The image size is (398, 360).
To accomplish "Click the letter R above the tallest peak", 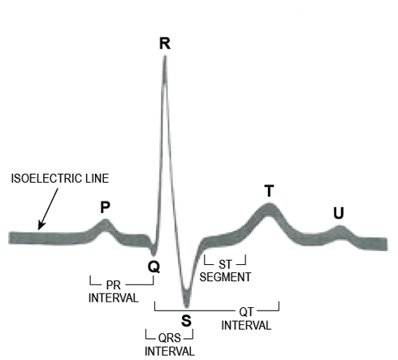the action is click(x=165, y=43).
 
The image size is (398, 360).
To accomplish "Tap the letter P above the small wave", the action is click(x=105, y=207).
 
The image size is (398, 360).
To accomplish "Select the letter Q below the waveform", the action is click(x=154, y=267).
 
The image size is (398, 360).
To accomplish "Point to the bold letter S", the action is click(x=186, y=321).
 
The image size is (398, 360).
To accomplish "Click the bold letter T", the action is click(x=269, y=191).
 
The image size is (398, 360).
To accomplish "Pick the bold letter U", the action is click(x=339, y=213).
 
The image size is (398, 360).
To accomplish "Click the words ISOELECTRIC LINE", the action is click(x=60, y=179).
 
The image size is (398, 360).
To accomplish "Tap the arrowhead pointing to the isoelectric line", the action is click(x=41, y=226).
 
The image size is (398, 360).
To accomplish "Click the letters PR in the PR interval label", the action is click(x=113, y=285).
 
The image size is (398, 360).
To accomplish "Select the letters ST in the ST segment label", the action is click(x=225, y=264).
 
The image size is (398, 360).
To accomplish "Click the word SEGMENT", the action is click(x=225, y=277).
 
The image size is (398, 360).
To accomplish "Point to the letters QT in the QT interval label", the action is click(x=246, y=312).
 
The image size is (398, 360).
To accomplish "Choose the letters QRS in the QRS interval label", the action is click(x=170, y=338).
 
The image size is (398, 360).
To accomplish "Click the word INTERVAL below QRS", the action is click(x=170, y=351).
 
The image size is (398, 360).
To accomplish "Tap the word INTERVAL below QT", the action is click(x=246, y=325).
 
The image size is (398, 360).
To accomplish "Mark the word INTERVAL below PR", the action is click(x=113, y=298).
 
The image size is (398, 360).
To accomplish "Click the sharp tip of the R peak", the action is click(x=165, y=56).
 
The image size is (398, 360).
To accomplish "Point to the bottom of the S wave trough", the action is click(x=186, y=306).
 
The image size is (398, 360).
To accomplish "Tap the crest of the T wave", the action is click(x=269, y=205).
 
